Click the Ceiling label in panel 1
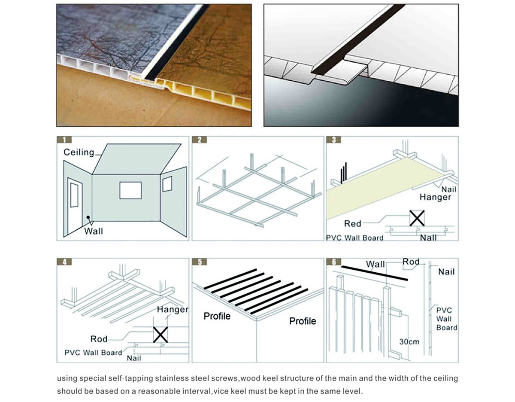click(79, 152)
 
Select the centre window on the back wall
click(130, 190)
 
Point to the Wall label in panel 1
click(94, 231)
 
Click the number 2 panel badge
click(200, 140)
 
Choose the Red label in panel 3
click(352, 224)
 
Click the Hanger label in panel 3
click(435, 197)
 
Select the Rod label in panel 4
click(99, 339)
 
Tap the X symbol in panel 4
click(160, 335)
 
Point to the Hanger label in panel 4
click(173, 309)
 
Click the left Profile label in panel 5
click(217, 316)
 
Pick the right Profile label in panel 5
click(303, 321)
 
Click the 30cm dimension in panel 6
click(409, 342)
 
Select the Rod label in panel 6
click(411, 262)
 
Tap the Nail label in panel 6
click(446, 271)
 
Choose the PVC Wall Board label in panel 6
click(446, 319)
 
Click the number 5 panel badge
click(200, 262)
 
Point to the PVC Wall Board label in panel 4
click(93, 353)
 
